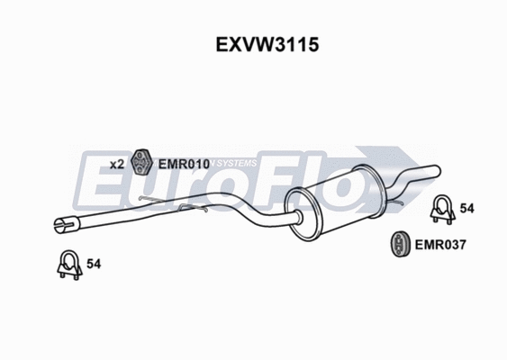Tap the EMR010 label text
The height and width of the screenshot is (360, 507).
pos(184,164)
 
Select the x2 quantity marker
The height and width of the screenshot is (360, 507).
pos(117,164)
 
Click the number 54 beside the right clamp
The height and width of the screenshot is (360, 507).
pos(467,209)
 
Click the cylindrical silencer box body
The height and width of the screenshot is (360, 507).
pos(333,192)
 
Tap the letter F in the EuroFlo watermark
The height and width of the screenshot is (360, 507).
pos(279,180)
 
